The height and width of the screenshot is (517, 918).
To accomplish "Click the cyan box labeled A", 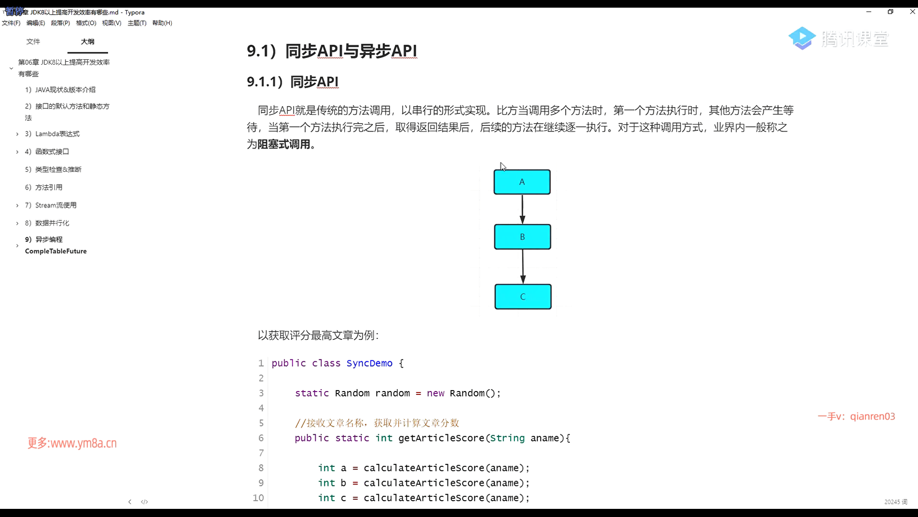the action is point(522,182).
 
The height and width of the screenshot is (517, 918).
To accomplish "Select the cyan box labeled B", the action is point(522,237).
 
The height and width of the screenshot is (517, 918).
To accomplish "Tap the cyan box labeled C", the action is point(523,297).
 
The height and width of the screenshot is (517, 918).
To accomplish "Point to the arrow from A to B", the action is point(522,209).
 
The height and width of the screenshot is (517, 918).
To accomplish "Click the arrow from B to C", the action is point(523,267).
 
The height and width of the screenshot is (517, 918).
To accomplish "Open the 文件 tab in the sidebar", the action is point(33,42).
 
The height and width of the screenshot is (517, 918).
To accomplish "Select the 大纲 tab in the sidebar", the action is point(87,42).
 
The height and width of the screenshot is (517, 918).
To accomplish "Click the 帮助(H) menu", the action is point(162,23).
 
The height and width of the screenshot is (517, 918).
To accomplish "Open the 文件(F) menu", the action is point(11,23).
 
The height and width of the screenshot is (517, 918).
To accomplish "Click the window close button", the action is point(912,12).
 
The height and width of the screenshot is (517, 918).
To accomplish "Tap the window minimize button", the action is point(869,12).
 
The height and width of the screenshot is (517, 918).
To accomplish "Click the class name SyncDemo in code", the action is point(369,363).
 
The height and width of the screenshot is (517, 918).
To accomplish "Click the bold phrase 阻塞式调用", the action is point(284,144).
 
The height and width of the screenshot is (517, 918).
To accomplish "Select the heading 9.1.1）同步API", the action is point(293,82).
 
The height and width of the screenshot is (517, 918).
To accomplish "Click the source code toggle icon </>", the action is point(144,502).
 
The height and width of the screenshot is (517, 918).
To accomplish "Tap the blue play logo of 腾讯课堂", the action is point(802,38).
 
